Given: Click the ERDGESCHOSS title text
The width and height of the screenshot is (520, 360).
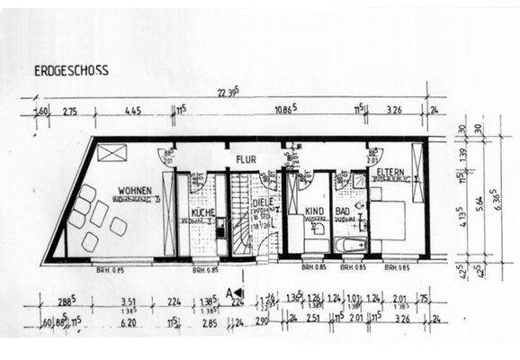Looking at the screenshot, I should pos(71,70).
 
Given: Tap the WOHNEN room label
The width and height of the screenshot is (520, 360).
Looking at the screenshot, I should pos(130,192).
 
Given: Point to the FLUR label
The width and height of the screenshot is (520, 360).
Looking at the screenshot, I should pos(247,159).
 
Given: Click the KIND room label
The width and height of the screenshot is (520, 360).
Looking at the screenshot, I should pos(314,211).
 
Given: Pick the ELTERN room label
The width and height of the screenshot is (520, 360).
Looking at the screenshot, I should pos(390,171).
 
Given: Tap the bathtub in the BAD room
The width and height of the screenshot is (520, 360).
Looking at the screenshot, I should pos(349,245).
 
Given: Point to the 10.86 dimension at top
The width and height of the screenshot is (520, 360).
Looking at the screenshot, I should pos(285,111).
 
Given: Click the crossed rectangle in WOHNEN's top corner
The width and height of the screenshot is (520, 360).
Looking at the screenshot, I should pos(112,152).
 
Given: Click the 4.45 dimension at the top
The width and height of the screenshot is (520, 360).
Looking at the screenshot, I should pos(134,111).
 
